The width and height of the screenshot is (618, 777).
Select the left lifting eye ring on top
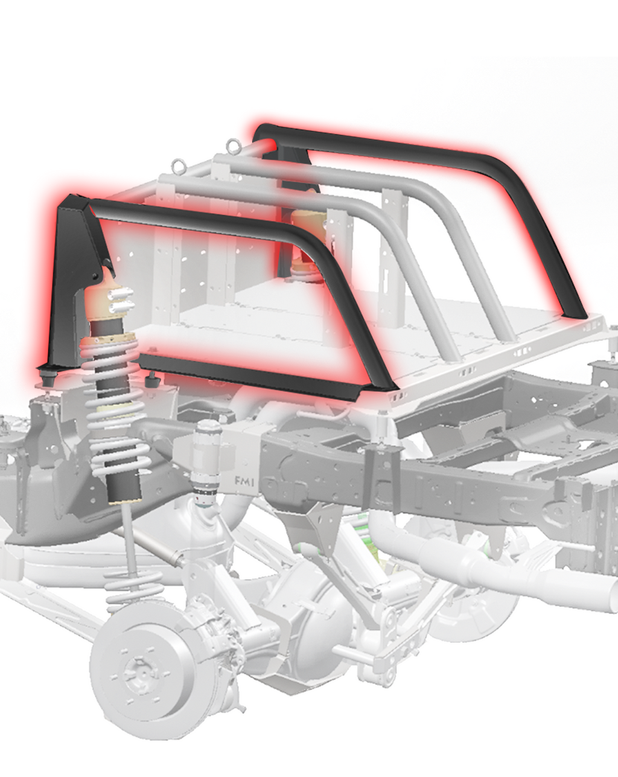tap(179, 166)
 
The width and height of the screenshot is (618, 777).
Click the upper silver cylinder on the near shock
tap(123, 293)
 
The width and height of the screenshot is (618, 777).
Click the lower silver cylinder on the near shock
tap(123, 307)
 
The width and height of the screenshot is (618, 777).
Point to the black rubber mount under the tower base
tap(48, 377)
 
